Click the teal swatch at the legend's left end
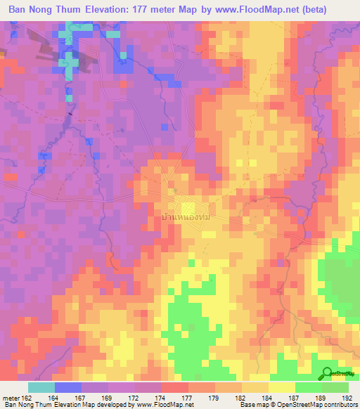pyautogui.click(x=41, y=387)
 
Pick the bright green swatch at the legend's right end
pyautogui.click(x=335, y=387)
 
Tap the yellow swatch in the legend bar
pyautogui.click(x=281, y=387)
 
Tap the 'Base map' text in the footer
pyautogui.click(x=252, y=404)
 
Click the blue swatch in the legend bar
pyautogui.click(x=67, y=387)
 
